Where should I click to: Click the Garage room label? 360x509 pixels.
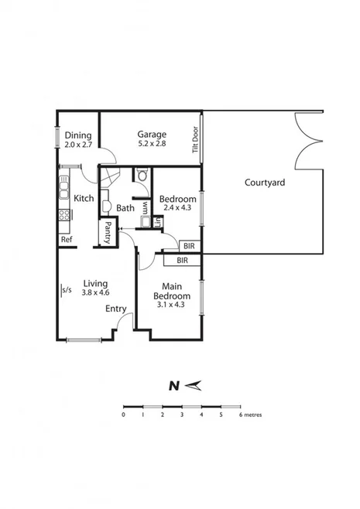pos(152,134)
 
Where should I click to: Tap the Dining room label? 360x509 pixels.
pos(78,135)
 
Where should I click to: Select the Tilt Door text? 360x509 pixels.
pos(196,140)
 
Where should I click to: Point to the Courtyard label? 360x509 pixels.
pos(265,183)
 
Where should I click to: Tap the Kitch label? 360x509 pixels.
pos(84,198)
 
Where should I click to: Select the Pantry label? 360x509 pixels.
pos(108,233)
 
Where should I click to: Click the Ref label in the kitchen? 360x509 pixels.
pos(67,240)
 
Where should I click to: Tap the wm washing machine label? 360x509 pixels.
pos(145,207)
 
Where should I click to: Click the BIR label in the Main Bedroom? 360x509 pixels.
pos(182,261)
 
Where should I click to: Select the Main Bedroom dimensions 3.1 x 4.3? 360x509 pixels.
pos(172,305)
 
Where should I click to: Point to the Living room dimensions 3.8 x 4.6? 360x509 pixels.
pos(96,292)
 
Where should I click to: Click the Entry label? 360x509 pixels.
pos(116,309)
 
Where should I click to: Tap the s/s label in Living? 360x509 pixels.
pos(67,291)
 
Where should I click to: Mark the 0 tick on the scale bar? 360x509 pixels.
pos(124,415)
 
